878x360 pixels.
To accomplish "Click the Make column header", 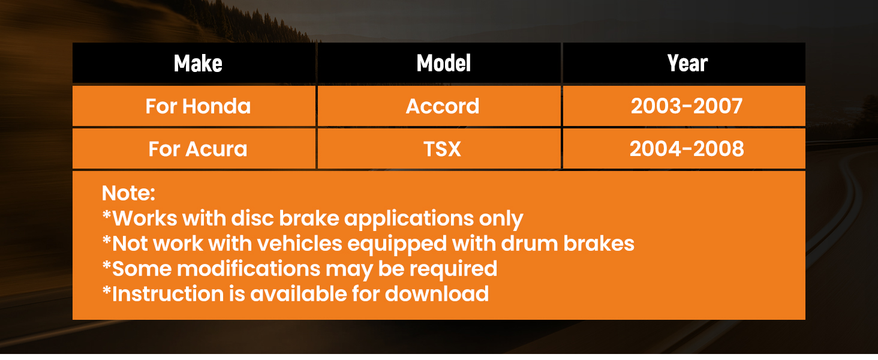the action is click(x=198, y=63).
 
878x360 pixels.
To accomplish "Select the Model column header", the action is click(x=443, y=63).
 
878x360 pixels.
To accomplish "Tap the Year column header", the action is click(x=687, y=63).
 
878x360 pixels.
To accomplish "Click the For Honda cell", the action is click(x=198, y=106).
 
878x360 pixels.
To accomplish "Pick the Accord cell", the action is click(x=443, y=106).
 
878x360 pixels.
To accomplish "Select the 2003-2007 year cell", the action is click(x=687, y=106).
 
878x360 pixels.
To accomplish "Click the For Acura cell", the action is click(x=198, y=149).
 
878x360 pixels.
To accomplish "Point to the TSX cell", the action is click(x=442, y=149).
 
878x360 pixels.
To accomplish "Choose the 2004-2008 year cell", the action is click(x=687, y=149).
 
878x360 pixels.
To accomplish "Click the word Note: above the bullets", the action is click(x=128, y=193).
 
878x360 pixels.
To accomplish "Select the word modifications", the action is click(x=248, y=269).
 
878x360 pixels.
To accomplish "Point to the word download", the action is click(x=437, y=294).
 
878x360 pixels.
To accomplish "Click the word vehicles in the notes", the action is click(x=299, y=244).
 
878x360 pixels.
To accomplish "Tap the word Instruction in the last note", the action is click(x=168, y=294).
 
